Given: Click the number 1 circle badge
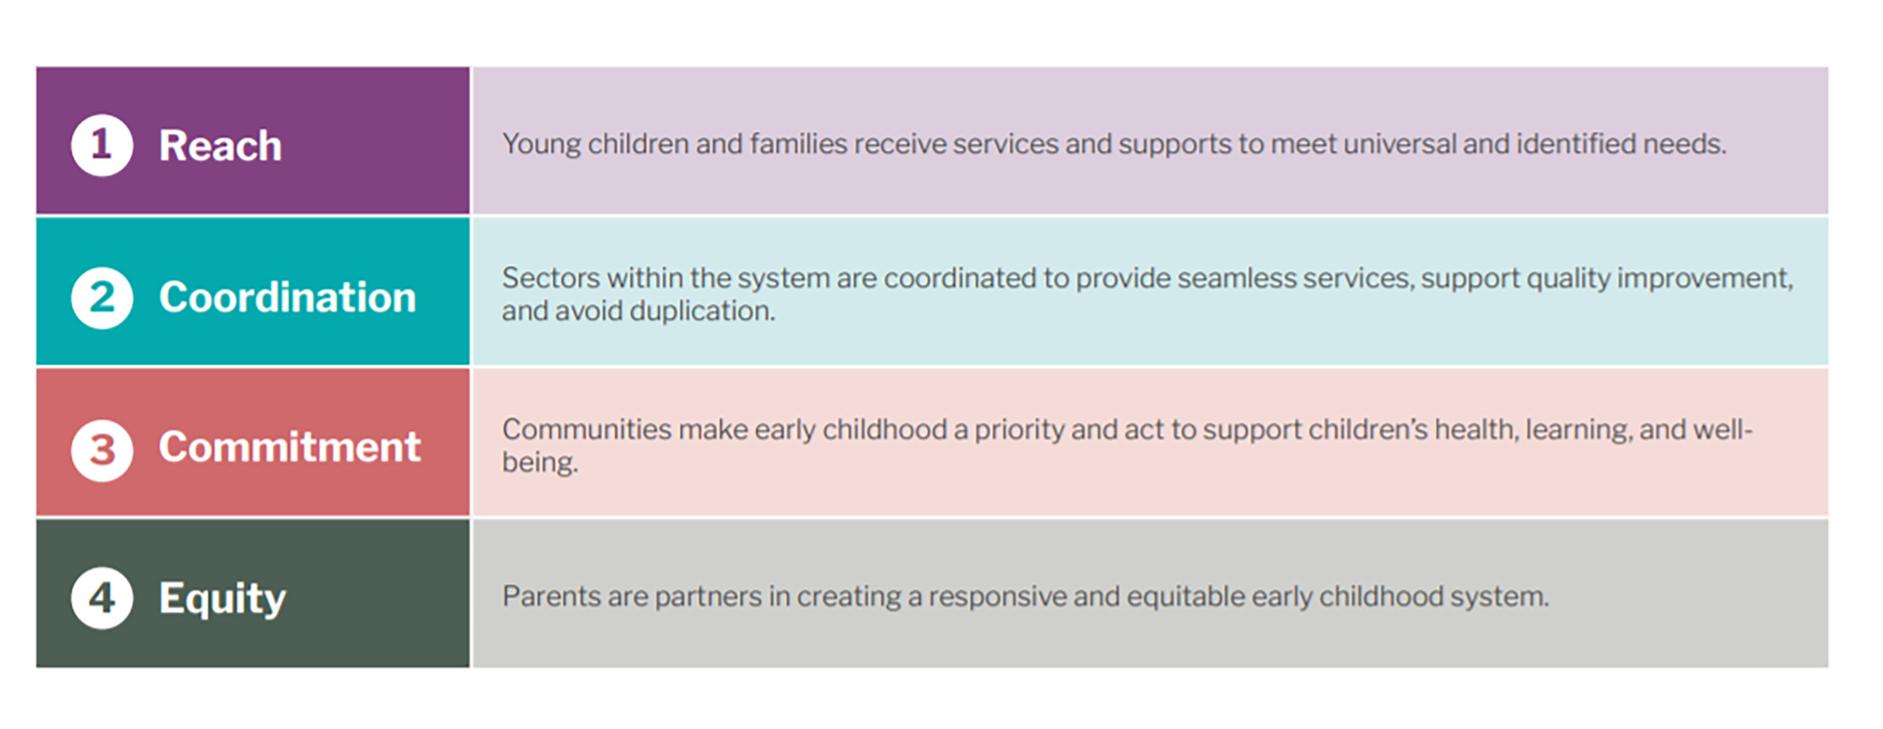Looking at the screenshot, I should coord(102,145).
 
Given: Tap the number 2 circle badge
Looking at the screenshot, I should coord(102,298).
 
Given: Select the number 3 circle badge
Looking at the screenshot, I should coord(102,450).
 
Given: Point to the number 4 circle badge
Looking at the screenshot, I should coord(102,598).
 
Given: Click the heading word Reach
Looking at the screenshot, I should coord(220,146).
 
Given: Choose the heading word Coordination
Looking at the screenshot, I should coord(287,298).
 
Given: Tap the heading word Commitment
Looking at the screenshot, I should coord(289,448).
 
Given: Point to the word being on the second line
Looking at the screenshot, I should coord(539,463).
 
